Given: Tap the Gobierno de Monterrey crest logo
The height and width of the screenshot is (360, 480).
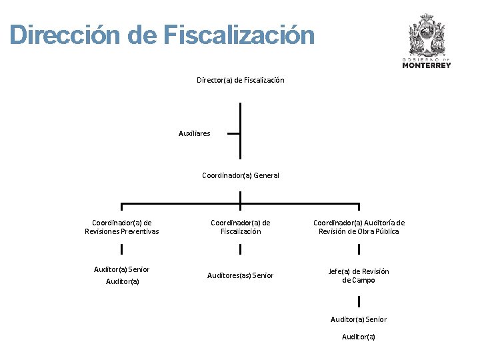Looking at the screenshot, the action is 426,37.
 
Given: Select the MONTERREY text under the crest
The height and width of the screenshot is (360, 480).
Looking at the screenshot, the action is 427,65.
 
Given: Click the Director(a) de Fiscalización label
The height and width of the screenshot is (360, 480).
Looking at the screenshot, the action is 240,80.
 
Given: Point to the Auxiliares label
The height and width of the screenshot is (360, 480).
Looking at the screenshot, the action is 194,133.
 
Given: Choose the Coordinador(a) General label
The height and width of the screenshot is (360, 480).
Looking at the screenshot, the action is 240,175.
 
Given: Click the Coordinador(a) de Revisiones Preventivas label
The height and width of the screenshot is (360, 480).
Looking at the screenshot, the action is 122,227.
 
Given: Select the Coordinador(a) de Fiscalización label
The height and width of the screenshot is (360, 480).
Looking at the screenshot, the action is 240,227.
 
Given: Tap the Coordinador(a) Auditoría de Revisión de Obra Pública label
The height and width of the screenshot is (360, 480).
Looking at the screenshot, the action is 359,227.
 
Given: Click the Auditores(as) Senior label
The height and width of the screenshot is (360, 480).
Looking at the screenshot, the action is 240,275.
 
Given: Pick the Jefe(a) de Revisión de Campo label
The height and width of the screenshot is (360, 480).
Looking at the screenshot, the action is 359,275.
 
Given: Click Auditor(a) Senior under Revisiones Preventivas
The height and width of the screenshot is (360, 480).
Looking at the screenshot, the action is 122,269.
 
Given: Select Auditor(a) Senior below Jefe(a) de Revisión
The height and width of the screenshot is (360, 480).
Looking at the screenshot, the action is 359,319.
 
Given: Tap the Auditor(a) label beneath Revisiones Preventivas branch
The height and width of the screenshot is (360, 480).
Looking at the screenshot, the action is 123,281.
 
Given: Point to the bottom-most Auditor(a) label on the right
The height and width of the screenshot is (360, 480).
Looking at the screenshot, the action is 359,337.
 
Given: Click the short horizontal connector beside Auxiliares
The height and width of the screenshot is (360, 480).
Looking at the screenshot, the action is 233,133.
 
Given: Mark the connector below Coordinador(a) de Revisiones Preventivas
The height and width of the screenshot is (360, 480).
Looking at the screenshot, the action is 122,249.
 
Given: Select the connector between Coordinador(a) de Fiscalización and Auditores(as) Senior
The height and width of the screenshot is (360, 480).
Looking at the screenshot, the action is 240,249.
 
